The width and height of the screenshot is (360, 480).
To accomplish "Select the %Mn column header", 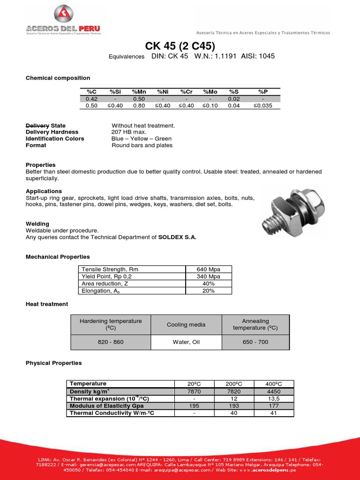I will (139, 91).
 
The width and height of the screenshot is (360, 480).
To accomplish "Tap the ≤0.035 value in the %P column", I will (262, 105).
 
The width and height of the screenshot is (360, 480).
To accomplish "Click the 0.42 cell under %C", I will (91, 99).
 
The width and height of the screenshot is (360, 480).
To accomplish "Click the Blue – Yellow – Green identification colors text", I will (142, 139).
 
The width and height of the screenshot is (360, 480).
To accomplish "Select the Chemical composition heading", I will (58, 78).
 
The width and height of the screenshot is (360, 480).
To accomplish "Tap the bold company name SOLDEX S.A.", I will (177, 237).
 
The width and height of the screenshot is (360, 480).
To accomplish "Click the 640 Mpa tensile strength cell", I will (209, 270).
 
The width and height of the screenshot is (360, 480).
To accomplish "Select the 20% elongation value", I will (209, 291).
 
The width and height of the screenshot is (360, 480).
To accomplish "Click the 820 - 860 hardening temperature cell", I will (111, 342).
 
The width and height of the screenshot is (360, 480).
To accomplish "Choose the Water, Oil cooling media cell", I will (186, 342).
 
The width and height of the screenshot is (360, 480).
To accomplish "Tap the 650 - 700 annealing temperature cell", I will (255, 342).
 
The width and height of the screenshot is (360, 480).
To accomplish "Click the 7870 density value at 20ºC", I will (194, 391).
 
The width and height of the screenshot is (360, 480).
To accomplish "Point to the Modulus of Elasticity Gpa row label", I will (106, 406).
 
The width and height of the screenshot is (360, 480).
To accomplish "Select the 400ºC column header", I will (274, 384).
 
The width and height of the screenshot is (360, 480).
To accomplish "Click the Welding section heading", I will (37, 224).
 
